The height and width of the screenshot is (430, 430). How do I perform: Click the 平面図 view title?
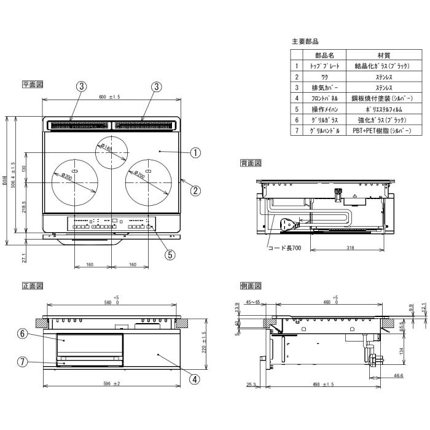(x=32, y=85)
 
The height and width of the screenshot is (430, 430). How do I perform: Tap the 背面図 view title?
(x=251, y=163)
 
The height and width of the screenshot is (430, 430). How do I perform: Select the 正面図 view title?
(x=32, y=286)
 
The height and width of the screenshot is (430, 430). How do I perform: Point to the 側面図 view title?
(x=251, y=286)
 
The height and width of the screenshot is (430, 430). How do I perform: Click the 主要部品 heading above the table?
(x=305, y=41)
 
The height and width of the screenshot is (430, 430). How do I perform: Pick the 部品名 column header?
(x=324, y=55)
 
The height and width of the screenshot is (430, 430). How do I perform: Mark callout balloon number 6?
(x=23, y=334)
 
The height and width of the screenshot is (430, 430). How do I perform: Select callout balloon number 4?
(x=194, y=379)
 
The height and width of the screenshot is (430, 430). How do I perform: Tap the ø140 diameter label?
(x=105, y=148)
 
